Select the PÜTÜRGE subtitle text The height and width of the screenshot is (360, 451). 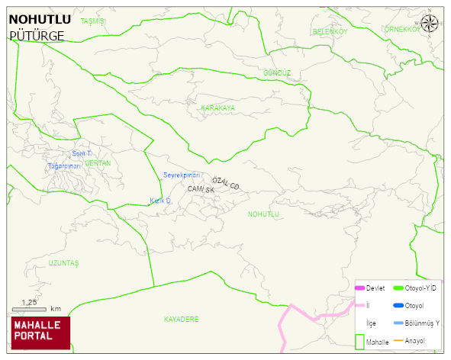[x=36, y=35]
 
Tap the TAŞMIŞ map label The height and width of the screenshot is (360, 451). [x=92, y=21]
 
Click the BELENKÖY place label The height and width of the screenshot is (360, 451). [x=330, y=31]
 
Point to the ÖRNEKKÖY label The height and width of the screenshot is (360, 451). [x=402, y=29]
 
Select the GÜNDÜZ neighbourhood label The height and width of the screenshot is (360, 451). [x=277, y=73]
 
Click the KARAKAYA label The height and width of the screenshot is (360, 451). [x=217, y=108]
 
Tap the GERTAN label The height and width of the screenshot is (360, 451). [x=98, y=163]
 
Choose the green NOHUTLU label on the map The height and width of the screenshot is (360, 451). [x=264, y=214]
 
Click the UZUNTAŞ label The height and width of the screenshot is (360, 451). [x=63, y=263]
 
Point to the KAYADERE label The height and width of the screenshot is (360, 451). [x=181, y=319]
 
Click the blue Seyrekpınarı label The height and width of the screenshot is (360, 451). [x=182, y=175]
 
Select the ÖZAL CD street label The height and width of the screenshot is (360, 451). [x=226, y=183]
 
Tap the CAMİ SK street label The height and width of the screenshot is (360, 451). [x=201, y=189]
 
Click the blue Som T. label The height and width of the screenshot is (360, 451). [x=82, y=153]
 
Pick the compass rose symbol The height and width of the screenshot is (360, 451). [x=430, y=23]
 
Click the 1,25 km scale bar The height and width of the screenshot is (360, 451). [x=30, y=309]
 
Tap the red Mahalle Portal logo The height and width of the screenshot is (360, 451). [x=40, y=333]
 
